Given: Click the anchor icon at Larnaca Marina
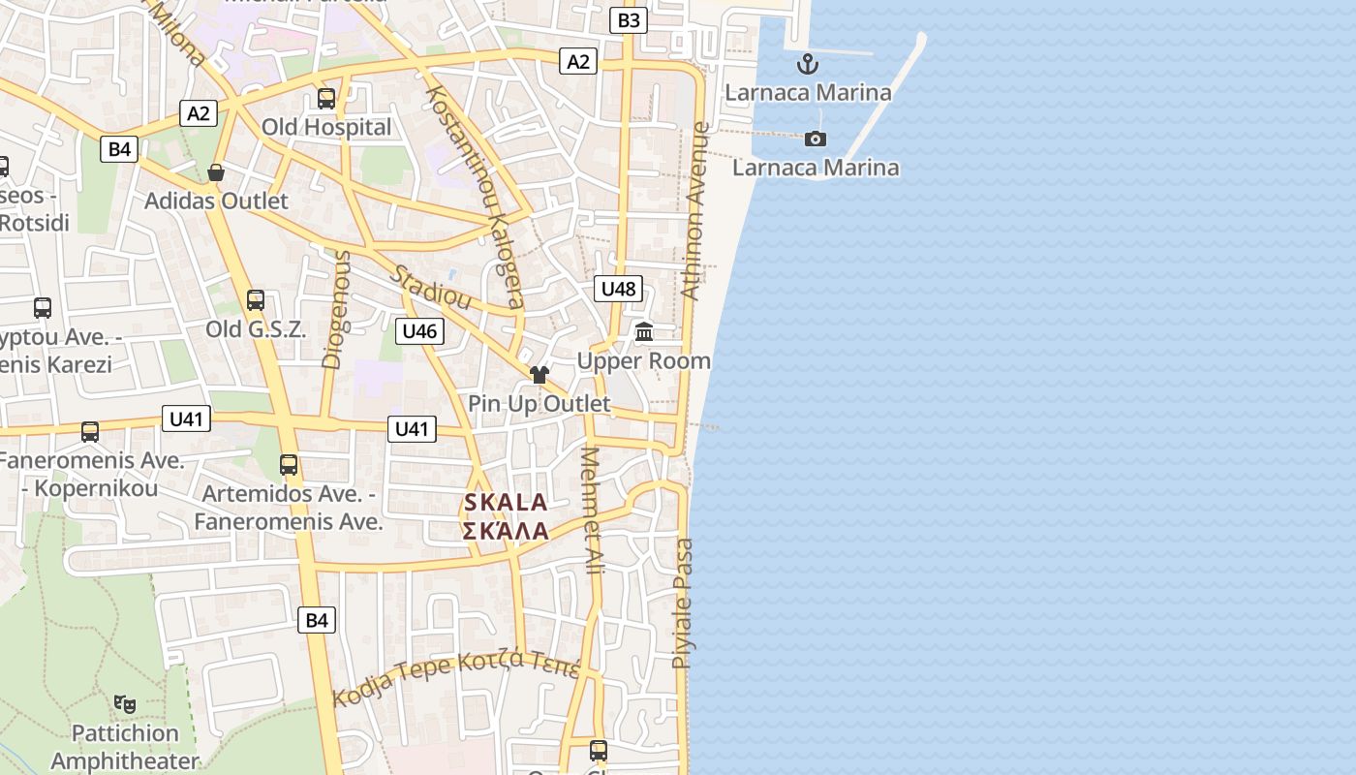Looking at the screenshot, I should pos(807,65).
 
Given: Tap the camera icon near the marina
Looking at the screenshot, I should pos(816,139).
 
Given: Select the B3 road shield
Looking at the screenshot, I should pos(629,19).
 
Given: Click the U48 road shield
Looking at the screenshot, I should pos(618,288).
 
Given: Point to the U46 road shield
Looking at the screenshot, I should pos(420,331).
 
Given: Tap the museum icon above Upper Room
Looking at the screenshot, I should pos(644,332).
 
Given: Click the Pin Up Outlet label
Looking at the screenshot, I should pos(539,404).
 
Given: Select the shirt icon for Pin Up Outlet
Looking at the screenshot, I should pos(539,375).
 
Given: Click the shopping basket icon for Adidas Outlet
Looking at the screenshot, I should pos(216,172).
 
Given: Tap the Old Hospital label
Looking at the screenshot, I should pos(326,127).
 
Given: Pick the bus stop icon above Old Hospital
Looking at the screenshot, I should pos(326,98).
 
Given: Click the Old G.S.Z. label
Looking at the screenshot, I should pos(256,329).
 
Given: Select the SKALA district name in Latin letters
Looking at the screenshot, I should pos(506,503).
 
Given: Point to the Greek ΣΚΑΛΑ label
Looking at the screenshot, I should pos(506,531).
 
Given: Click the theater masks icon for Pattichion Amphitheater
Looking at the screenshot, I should pos(124,703).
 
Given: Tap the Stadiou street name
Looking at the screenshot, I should pos(430,288).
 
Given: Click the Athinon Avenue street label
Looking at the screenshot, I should pos(695,210).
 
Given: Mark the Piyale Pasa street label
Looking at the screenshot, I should pos(684,603).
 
